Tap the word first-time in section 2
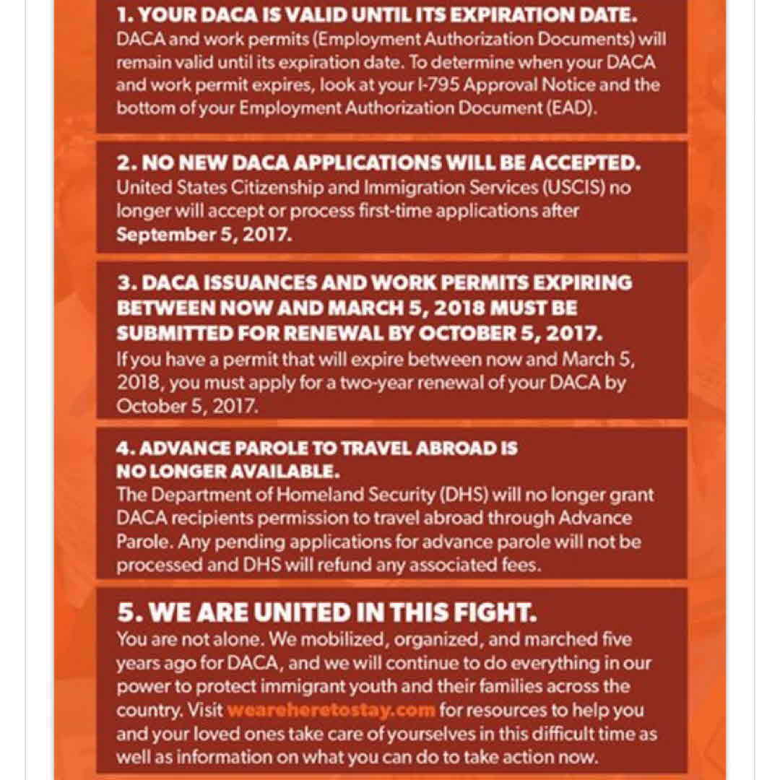(x=406, y=211)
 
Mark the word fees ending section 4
(x=520, y=565)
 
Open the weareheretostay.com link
(x=331, y=709)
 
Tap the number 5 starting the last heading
(x=126, y=613)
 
